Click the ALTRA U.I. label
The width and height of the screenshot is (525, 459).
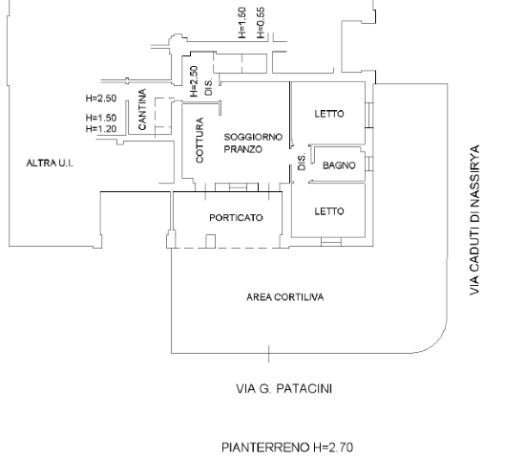50,164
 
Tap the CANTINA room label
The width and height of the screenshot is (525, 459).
142,109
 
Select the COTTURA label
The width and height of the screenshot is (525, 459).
199,141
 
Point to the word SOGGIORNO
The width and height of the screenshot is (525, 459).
253,137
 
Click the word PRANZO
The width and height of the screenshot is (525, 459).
242,149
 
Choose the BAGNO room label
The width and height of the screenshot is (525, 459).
339,165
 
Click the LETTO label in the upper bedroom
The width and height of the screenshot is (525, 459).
329,114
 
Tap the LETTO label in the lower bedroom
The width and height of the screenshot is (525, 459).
329,211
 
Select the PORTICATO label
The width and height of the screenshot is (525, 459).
236,218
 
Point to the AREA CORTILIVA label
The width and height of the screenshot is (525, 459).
285,297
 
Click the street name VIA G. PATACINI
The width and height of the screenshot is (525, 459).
283,389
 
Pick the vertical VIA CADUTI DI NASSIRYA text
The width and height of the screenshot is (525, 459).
474,220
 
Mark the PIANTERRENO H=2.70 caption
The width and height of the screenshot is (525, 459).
287,448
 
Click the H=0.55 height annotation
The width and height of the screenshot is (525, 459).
261,23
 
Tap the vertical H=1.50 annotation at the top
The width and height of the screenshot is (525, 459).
242,23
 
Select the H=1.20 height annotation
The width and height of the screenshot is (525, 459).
101,129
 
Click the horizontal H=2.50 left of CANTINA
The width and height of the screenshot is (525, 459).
101,98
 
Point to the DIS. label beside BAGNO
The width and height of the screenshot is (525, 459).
302,162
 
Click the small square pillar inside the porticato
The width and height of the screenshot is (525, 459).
210,242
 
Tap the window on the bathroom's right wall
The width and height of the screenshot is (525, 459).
368,164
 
